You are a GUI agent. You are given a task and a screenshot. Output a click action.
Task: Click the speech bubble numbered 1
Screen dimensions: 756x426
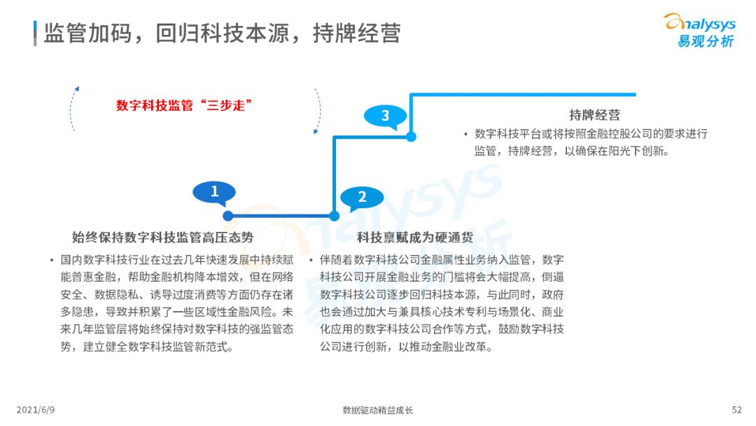(214, 193)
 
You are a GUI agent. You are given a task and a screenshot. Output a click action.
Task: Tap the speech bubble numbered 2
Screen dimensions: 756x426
(362, 198)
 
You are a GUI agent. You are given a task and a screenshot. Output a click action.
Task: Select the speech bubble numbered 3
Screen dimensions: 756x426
(385, 116)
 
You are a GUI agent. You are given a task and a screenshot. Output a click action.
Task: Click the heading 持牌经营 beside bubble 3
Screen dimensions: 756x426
(594, 115)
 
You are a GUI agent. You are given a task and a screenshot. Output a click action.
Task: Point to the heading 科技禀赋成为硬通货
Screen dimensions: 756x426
(415, 238)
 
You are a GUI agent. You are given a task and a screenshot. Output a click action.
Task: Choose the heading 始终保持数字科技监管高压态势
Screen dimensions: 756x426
(162, 238)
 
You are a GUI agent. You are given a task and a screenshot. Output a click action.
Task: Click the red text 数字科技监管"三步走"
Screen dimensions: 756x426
(183, 105)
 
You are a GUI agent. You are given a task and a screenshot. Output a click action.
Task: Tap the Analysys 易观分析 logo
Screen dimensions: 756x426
(700, 31)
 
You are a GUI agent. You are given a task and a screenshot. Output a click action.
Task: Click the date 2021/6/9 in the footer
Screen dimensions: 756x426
(36, 410)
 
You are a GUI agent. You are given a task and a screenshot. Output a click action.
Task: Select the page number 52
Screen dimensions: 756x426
(736, 410)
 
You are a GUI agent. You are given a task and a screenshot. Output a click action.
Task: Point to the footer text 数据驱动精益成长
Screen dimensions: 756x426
(378, 410)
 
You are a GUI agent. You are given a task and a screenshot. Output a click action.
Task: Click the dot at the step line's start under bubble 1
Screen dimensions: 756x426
(228, 216)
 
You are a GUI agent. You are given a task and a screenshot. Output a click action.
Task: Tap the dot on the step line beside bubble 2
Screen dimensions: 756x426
(334, 216)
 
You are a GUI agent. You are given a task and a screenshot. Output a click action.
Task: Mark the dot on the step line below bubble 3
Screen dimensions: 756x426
(411, 137)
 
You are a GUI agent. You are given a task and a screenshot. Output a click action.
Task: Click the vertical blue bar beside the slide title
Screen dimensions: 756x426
(35, 34)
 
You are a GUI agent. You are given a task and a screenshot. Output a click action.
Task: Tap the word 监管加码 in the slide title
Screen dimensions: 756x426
(87, 34)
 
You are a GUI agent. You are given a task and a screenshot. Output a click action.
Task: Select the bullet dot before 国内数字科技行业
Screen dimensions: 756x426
(51, 261)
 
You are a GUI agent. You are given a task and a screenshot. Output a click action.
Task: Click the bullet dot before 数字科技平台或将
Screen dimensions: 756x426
(465, 134)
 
